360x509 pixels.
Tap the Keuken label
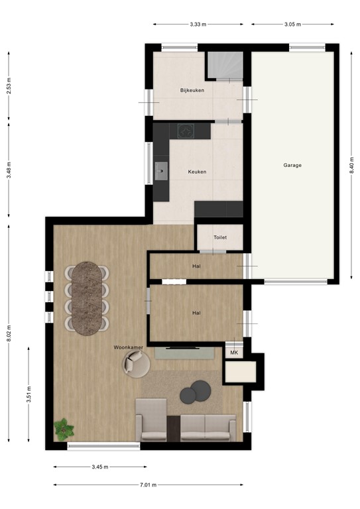click(197, 172)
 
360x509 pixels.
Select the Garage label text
click(292, 165)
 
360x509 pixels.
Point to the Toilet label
click(220, 237)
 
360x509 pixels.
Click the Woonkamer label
click(129, 347)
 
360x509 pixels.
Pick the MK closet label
click(234, 353)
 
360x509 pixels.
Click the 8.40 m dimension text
click(352, 165)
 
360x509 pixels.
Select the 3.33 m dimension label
click(198, 25)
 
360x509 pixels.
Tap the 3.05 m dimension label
click(292, 25)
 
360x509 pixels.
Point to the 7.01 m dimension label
click(148, 484)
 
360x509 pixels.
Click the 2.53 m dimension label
click(9, 87)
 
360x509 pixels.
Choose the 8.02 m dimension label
click(9, 331)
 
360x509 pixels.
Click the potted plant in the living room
click(64, 429)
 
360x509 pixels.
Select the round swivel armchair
click(136, 363)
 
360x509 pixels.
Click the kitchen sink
click(161, 172)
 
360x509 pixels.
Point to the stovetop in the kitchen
click(185, 131)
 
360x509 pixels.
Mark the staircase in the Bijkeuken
click(224, 65)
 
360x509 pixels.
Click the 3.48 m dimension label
click(9, 169)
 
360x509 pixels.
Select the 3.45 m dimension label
click(101, 467)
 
